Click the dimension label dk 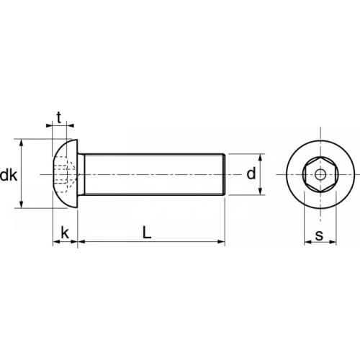coord(9,175)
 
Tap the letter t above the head coord(59,117)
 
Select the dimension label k coord(65,233)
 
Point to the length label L coord(147,233)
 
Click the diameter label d coord(251,174)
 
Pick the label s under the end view coord(319,235)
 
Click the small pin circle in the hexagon coord(320,174)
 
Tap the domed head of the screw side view coord(65,174)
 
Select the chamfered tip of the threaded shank coord(225,174)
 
